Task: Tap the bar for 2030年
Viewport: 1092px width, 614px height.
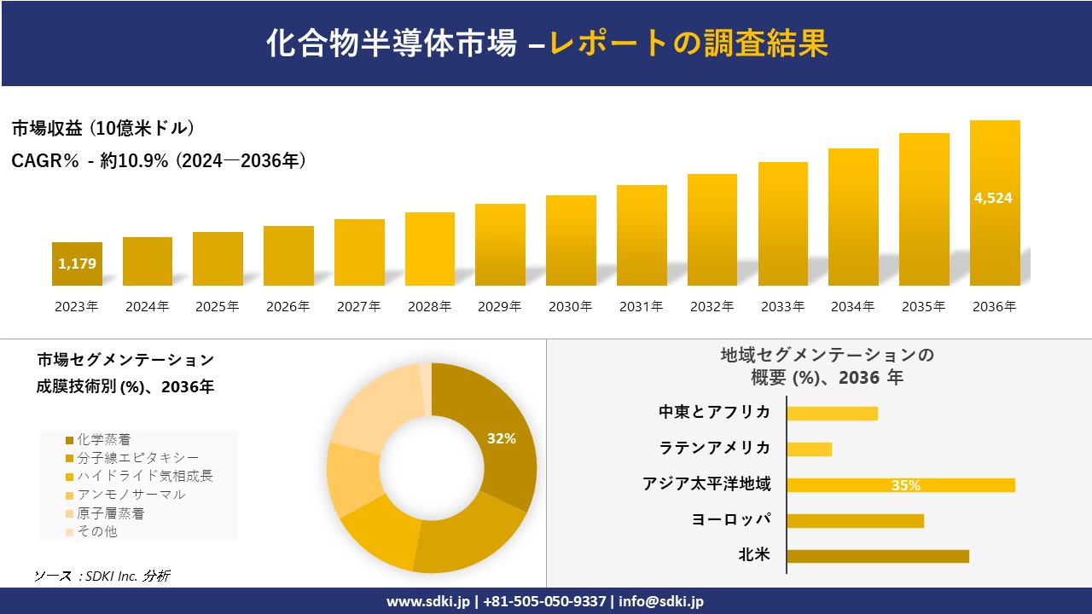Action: point(571,240)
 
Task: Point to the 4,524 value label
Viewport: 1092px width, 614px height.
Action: point(993,198)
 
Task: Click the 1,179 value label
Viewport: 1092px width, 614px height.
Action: point(77,264)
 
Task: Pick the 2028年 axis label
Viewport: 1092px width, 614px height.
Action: point(429,307)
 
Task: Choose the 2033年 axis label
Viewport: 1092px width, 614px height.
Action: point(782,307)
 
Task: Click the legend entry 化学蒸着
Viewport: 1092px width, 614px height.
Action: point(103,440)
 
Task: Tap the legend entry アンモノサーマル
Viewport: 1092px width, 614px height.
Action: point(131,495)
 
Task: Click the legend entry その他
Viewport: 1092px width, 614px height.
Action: point(96,531)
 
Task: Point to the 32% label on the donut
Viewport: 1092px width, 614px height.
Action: point(502,438)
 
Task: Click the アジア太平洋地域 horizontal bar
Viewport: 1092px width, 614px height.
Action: point(901,485)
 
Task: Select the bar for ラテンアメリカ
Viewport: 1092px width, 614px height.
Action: point(809,449)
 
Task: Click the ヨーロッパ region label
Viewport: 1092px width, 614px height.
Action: point(731,519)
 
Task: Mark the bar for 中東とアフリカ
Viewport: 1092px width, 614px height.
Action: point(832,413)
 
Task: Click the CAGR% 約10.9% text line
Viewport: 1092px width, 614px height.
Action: point(159,160)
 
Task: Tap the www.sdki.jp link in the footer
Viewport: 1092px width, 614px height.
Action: point(427,601)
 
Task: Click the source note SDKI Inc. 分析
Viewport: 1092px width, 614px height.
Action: point(102,576)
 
